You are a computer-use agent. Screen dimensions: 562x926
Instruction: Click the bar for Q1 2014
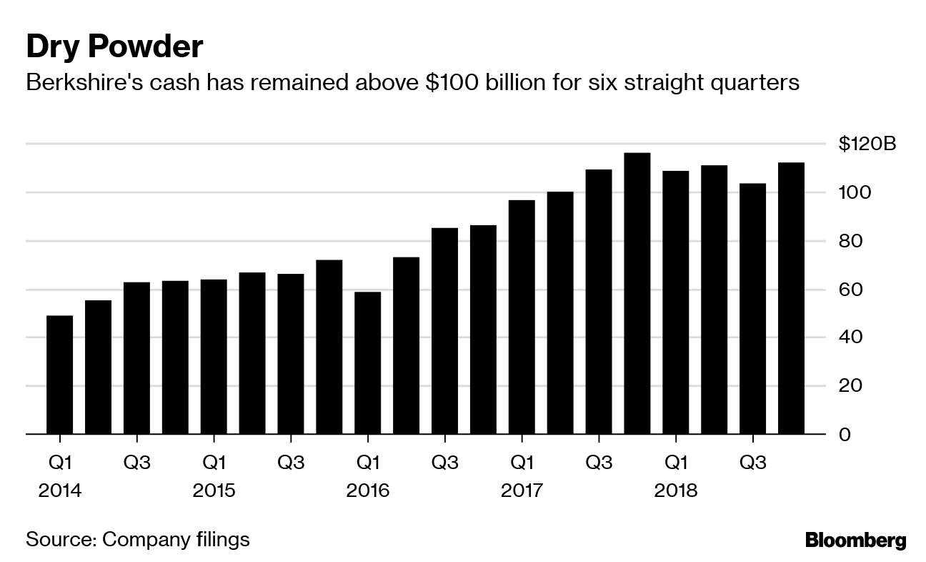(x=59, y=375)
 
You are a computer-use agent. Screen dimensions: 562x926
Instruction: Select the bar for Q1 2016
(x=367, y=363)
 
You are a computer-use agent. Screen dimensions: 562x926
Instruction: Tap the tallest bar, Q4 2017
(x=637, y=293)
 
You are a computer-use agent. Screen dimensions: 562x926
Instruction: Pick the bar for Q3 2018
(x=752, y=308)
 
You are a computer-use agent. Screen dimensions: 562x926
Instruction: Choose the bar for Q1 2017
(x=522, y=317)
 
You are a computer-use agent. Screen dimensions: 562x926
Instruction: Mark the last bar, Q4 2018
(x=791, y=298)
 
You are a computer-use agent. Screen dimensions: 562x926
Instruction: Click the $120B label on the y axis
(x=867, y=144)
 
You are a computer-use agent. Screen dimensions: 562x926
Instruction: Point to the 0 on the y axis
(x=845, y=434)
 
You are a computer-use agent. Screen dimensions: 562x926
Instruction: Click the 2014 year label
(x=60, y=491)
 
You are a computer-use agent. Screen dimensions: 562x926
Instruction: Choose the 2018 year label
(x=676, y=491)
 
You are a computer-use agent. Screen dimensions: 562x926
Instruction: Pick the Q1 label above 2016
(x=367, y=463)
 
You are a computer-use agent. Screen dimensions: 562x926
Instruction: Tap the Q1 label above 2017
(x=522, y=463)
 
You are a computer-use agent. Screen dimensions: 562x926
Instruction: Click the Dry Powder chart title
(x=114, y=47)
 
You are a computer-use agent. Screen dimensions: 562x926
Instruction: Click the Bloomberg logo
(x=855, y=541)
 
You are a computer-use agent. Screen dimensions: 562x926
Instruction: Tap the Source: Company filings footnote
(x=138, y=538)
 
